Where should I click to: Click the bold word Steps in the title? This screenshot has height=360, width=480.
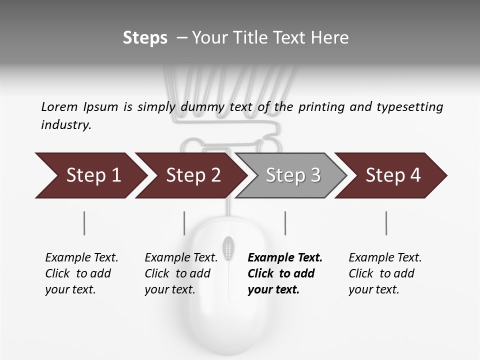coord(145,38)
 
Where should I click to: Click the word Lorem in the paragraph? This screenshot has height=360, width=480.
coord(59,106)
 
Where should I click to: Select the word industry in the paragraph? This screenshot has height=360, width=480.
coord(66,124)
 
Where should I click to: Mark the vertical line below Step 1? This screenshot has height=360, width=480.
coord(84,223)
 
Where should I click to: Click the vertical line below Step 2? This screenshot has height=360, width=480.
coord(184,223)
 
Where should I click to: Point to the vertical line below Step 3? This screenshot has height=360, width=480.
coord(285,223)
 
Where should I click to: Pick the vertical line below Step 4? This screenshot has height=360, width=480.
coord(386,223)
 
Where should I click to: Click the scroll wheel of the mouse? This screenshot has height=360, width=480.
coord(228,248)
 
